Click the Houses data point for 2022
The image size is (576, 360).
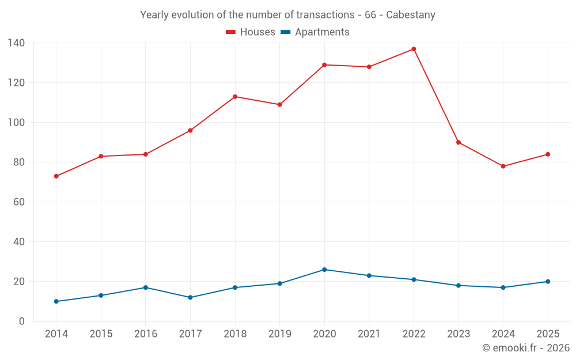[414, 49]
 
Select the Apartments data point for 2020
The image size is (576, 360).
[324, 270]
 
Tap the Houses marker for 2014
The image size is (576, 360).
[56, 176]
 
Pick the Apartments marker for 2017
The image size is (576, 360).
[190, 297]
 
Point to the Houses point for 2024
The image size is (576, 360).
[503, 166]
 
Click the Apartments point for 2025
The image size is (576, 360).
[548, 282]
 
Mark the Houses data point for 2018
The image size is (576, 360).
[235, 97]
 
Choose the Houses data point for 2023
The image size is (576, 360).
[458, 142]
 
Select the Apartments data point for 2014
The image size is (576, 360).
[56, 301]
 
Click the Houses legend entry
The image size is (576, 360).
[251, 32]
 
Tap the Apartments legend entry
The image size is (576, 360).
[315, 32]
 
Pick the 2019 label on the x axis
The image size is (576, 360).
[279, 334]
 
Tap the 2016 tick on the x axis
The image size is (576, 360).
[145, 334]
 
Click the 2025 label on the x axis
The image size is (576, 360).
[548, 334]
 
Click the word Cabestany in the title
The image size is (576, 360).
[410, 14]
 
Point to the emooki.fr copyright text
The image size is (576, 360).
[526, 348]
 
